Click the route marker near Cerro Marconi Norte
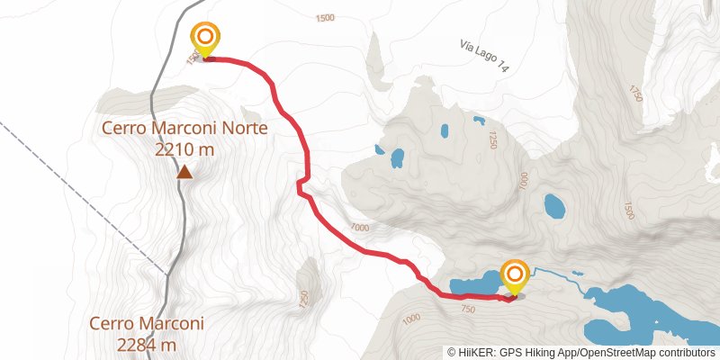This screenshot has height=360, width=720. point(205,39)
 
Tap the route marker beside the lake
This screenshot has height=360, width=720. point(515,276)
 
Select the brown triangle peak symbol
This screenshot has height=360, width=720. point(184,171)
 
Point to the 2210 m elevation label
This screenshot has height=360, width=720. point(184,149)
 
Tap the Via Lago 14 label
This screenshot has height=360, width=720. point(484,55)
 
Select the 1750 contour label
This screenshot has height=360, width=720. point(636,93)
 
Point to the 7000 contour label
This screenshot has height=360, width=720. point(360,228)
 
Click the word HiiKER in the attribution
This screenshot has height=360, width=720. point(475,352)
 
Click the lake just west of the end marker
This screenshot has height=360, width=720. point(472,285)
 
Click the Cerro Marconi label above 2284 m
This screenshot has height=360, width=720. point(147,323)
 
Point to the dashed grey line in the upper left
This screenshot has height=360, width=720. point(54,162)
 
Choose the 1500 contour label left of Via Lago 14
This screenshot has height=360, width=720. point(326,18)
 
